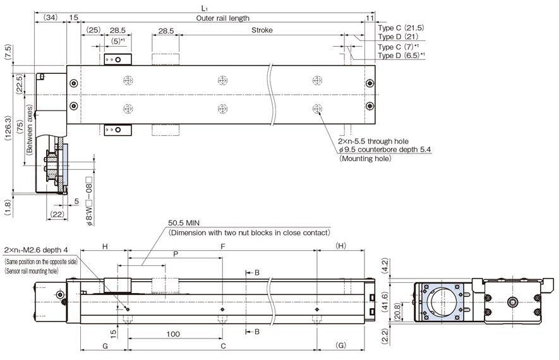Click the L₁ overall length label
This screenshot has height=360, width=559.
point(204,8)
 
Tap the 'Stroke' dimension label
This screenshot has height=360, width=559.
point(262,30)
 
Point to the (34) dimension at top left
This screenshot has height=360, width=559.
point(51,18)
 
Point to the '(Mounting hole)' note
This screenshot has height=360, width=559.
point(366,159)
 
